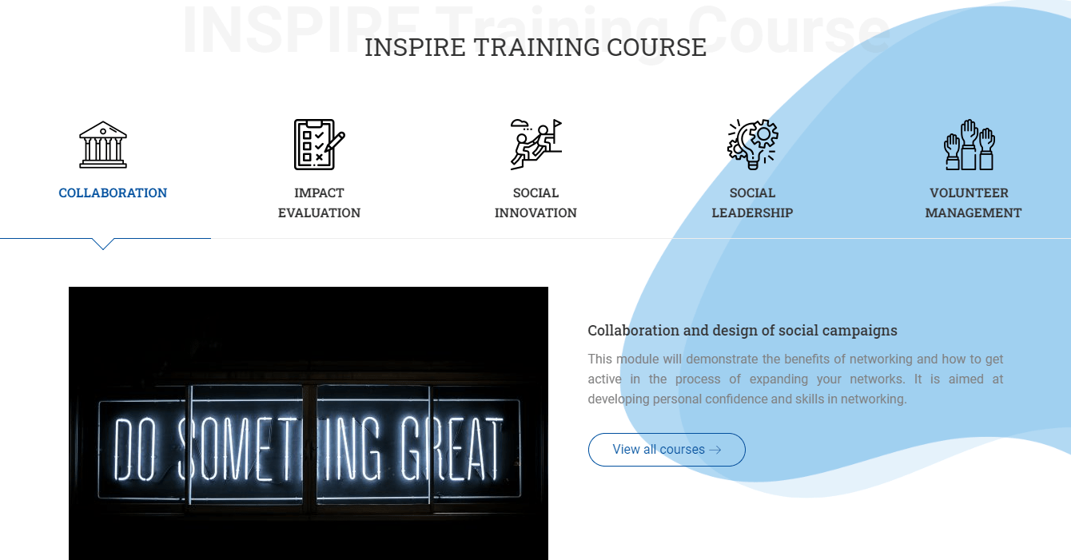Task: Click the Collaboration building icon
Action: [103, 145]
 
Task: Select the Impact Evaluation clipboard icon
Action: [320, 145]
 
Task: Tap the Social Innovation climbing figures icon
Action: [536, 145]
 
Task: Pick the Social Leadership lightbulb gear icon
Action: [753, 145]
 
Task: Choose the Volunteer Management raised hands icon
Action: [969, 145]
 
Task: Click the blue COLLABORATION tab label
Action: [113, 193]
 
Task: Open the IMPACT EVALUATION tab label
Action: [320, 203]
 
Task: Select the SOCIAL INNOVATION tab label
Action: [536, 203]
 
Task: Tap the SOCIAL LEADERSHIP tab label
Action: [753, 203]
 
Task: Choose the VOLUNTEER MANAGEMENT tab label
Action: [973, 203]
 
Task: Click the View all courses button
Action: [667, 450]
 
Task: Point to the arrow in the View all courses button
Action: [715, 450]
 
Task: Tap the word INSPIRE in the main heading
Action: [415, 47]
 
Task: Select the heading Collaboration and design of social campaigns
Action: [743, 330]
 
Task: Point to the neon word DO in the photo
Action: [135, 449]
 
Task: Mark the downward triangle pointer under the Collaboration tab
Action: [103, 244]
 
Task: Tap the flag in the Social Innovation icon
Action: [558, 123]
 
